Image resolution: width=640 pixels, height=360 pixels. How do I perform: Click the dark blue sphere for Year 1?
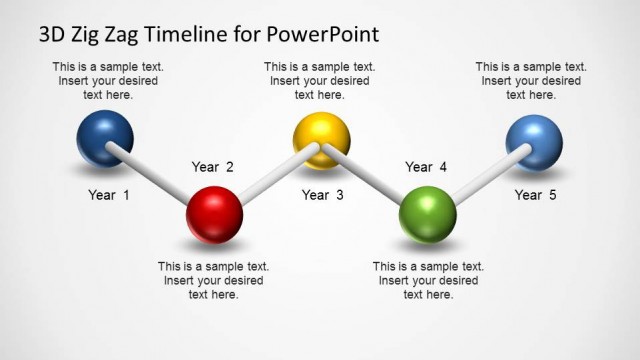coord(104,138)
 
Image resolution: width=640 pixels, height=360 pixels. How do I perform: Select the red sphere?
coord(214,213)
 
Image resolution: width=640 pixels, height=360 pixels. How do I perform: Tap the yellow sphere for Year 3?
coord(321,140)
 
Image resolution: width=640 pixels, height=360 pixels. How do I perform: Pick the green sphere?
coord(428,213)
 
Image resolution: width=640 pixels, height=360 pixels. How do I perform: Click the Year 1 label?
coord(109,195)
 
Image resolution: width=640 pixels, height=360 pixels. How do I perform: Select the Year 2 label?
coord(213,167)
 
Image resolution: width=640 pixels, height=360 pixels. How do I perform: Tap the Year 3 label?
coord(322,195)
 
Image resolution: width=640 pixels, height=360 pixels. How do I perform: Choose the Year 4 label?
coord(426,167)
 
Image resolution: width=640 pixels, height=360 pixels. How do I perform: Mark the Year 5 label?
coord(535,195)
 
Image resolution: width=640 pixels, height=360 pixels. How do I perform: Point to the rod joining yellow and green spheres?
coord(372,176)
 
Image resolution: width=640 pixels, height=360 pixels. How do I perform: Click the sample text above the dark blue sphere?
coord(108,81)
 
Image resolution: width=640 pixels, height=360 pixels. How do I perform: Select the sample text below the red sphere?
coord(213,281)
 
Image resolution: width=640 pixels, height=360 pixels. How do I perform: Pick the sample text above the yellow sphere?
coord(319,81)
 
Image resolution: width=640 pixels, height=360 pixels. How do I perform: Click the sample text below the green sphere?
coord(428,281)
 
